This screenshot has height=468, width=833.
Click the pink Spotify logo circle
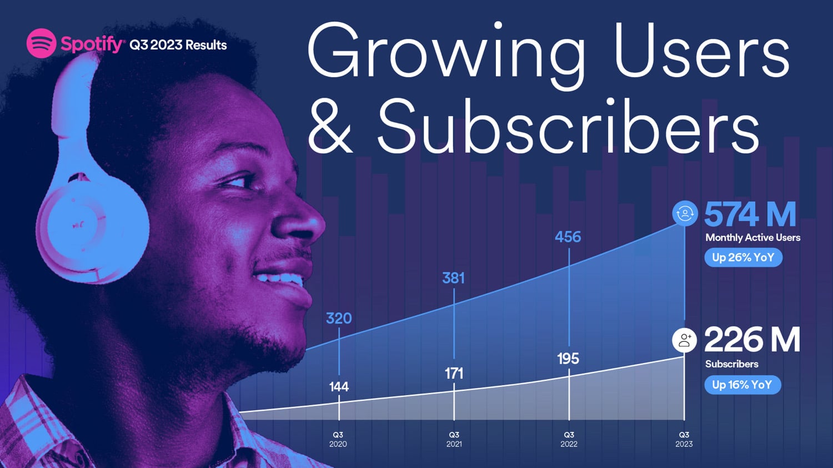pos(41,43)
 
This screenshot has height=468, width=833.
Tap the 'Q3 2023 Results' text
pos(178,45)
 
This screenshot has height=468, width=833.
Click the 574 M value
pos(750,214)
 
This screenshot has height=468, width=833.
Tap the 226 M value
pos(752,340)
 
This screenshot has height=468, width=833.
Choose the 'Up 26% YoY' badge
pos(744,257)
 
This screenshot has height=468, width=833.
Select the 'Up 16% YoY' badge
pos(742,385)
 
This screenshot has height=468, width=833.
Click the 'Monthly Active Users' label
pos(752,238)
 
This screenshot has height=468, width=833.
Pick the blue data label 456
pos(568,237)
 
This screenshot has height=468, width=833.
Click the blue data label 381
pos(453,278)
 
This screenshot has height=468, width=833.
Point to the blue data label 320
pos(339,318)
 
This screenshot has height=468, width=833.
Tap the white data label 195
pos(568,359)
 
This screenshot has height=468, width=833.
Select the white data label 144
pos(339,387)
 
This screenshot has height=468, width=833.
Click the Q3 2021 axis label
pos(454,439)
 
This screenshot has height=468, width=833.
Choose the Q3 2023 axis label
pos(684,439)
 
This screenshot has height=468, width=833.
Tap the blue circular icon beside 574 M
pos(685,213)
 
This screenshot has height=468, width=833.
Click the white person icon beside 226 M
pos(685,340)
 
